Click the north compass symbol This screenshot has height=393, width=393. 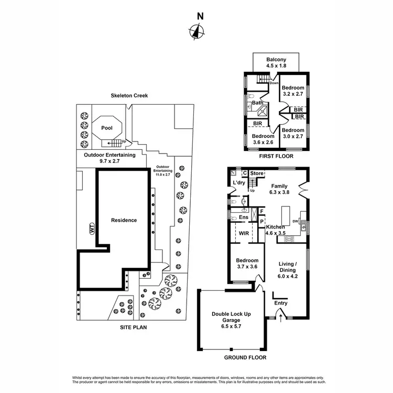[196, 32]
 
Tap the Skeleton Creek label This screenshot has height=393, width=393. [129, 96]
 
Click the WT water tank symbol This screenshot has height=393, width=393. [91, 229]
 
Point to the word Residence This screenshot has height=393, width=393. [124, 221]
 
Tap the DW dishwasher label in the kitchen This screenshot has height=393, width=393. [296, 222]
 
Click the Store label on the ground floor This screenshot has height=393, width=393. [256, 173]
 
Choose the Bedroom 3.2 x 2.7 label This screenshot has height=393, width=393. [292, 91]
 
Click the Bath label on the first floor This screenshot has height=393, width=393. [257, 103]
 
